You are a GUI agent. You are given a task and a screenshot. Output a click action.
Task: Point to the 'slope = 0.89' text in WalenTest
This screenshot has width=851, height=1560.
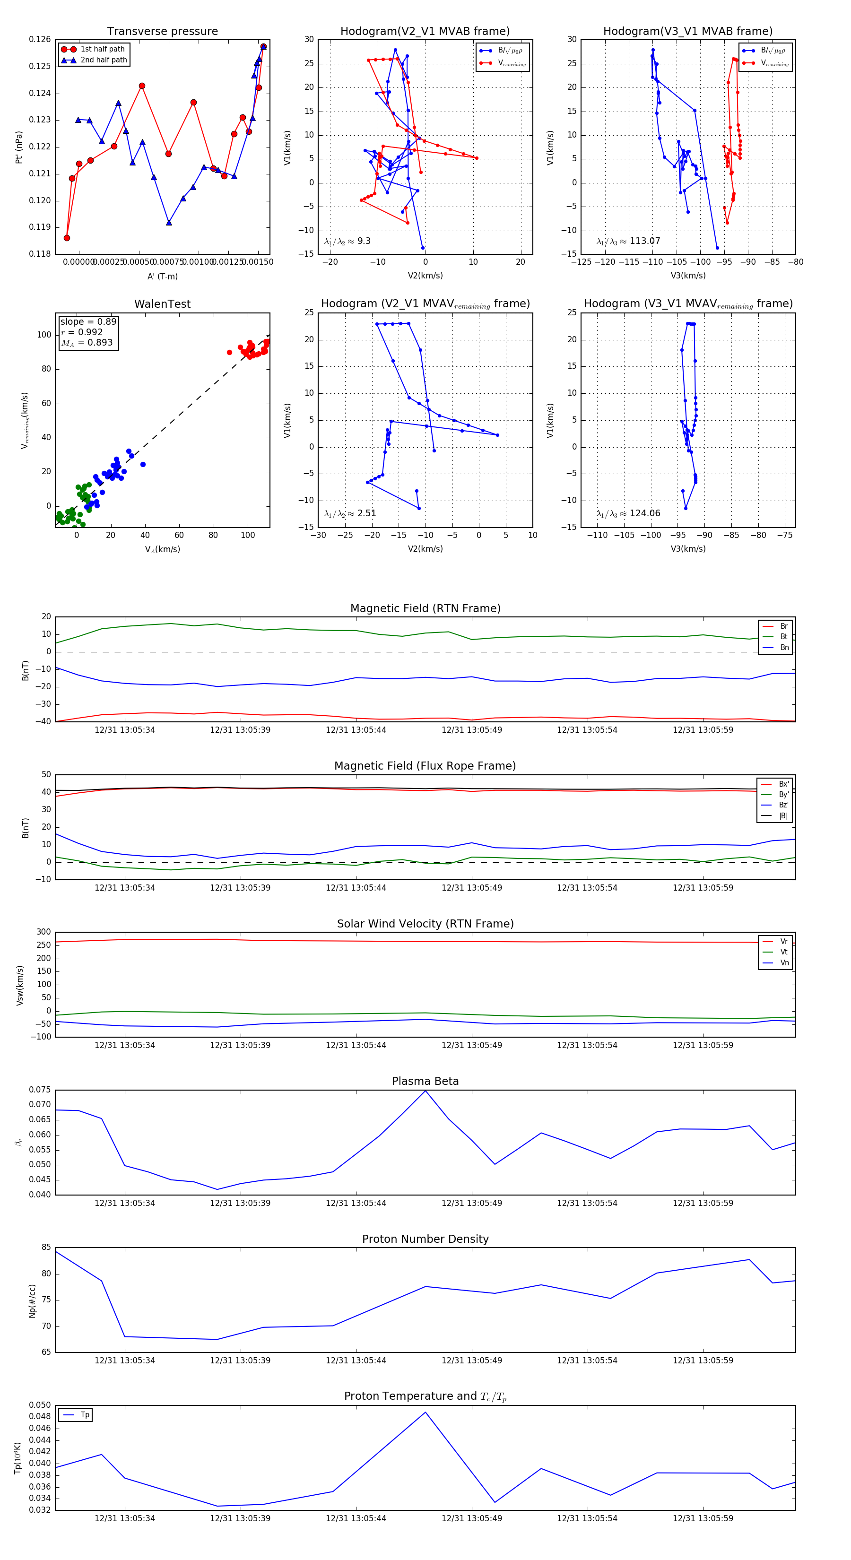(88, 321)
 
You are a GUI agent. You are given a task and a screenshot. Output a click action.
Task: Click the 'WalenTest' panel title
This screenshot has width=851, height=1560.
(162, 304)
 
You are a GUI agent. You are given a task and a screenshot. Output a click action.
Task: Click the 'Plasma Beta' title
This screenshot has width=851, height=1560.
(425, 1081)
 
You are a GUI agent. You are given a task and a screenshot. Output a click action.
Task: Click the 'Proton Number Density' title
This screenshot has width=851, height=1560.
(425, 1239)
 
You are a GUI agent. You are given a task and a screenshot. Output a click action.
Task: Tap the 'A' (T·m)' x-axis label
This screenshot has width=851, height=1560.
(162, 277)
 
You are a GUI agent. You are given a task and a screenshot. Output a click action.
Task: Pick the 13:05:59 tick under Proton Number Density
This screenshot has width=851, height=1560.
(703, 1360)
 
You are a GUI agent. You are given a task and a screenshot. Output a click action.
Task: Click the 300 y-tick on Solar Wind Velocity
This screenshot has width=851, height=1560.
(43, 932)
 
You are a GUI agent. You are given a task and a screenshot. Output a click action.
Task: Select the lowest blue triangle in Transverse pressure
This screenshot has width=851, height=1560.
(169, 222)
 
